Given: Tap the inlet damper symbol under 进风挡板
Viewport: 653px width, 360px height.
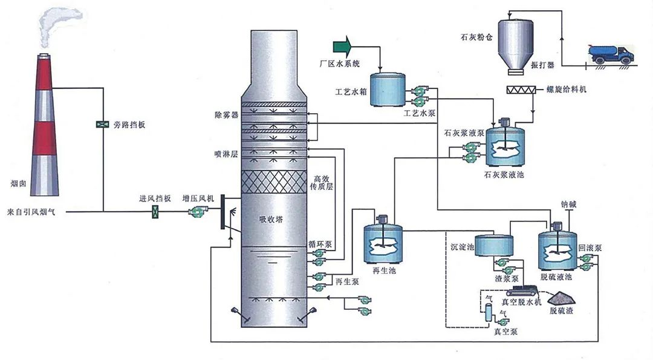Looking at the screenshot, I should pyautogui.click(x=155, y=211).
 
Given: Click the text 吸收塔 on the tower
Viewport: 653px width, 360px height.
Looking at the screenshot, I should pyautogui.click(x=271, y=219).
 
